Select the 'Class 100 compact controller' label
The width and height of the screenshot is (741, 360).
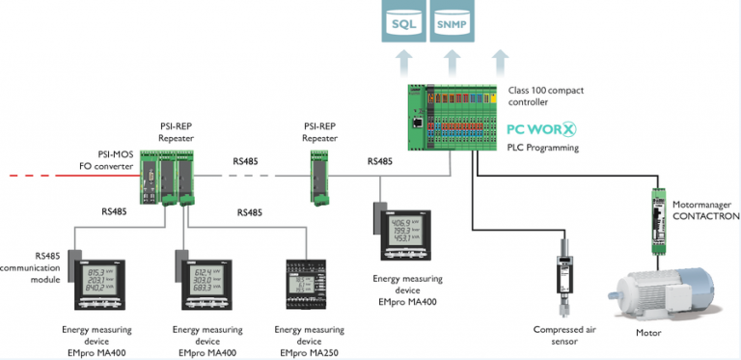point(548,96)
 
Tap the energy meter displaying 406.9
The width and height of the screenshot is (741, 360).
point(406,232)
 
